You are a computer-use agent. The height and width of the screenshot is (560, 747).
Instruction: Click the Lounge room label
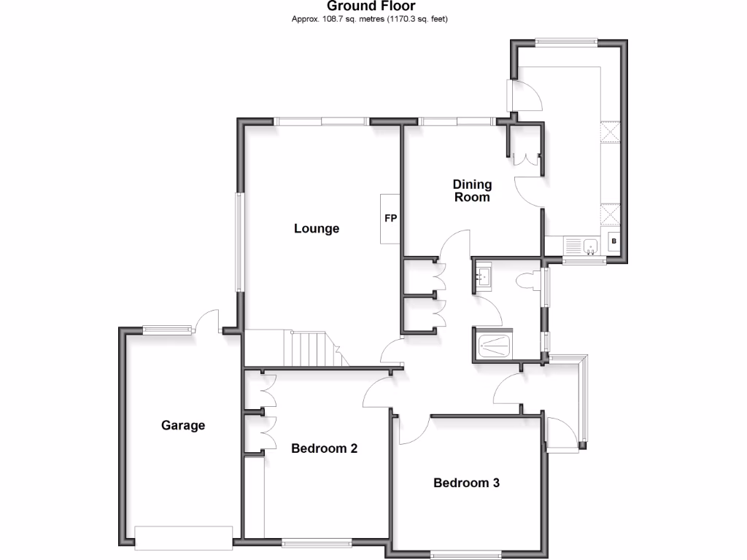(317, 229)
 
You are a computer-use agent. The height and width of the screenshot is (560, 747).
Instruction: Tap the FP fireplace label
(390, 218)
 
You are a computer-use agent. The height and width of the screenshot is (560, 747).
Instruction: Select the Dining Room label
(472, 191)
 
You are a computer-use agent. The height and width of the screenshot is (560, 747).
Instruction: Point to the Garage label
(183, 425)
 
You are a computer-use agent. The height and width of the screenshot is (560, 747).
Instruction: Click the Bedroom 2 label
(324, 448)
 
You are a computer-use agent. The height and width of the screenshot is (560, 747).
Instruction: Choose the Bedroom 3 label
(466, 483)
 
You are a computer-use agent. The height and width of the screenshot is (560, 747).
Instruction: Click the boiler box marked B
(614, 241)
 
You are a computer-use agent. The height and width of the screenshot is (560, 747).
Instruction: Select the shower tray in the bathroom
(494, 344)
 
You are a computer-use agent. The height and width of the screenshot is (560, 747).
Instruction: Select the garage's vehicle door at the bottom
(185, 538)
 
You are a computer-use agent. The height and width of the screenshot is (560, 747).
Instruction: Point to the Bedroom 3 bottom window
(465, 555)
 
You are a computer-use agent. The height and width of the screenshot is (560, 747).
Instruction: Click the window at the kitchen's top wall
(565, 42)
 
